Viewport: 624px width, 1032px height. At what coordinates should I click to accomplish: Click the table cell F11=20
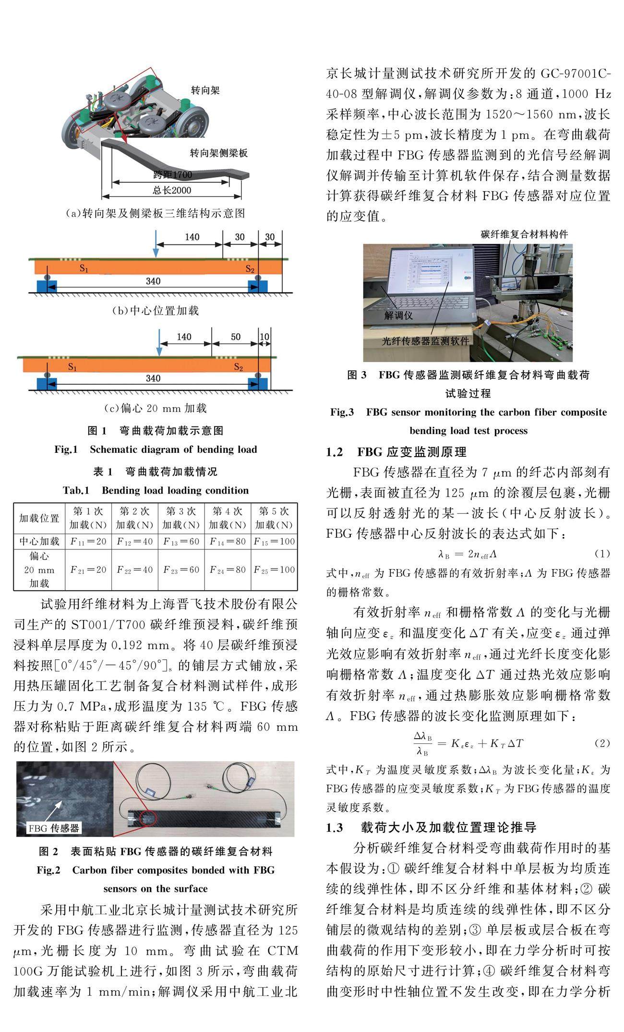(88, 542)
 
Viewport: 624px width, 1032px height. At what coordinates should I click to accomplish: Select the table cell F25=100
(274, 570)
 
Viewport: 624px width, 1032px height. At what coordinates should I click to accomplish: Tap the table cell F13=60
(181, 542)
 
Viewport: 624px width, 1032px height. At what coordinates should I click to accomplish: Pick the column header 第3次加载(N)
(181, 518)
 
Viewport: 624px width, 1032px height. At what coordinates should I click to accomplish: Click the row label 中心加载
(39, 542)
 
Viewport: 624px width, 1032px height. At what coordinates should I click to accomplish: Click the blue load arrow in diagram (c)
(159, 343)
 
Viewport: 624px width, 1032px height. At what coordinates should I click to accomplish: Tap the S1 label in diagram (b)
(84, 269)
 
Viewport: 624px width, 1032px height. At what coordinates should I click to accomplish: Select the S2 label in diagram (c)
(239, 367)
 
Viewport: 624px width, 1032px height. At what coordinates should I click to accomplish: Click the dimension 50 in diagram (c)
(236, 337)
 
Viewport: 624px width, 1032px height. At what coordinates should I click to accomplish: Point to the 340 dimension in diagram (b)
(153, 281)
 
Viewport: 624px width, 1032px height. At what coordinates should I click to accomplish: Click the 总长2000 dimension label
(172, 190)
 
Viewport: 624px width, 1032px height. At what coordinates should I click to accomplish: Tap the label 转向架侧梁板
(219, 153)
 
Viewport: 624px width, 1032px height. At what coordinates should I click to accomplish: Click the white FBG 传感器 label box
(53, 828)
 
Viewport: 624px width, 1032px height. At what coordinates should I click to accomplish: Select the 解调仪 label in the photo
(398, 316)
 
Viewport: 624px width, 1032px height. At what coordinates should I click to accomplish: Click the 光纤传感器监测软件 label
(425, 341)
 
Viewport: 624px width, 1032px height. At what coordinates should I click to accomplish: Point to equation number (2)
(602, 743)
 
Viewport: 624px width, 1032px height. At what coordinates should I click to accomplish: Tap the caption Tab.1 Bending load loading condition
(156, 490)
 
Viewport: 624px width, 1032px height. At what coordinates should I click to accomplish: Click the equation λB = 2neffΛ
(468, 554)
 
